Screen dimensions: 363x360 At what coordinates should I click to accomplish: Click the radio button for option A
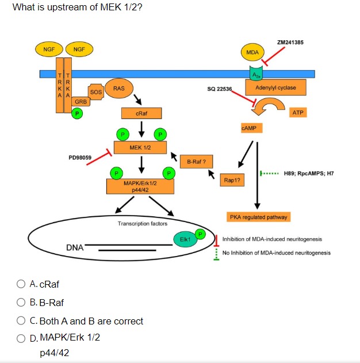tap(21, 284)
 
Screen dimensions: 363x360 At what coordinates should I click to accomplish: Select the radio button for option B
tap(21, 303)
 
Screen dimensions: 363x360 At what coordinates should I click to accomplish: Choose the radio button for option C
tap(21, 321)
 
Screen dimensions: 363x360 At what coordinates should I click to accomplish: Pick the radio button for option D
tap(21, 337)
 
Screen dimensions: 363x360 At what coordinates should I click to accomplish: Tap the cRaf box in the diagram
tap(141, 114)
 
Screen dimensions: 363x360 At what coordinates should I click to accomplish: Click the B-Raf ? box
tap(197, 162)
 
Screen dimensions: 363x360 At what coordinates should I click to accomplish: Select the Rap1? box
tap(232, 180)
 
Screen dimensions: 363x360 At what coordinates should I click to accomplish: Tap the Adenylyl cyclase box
tap(275, 88)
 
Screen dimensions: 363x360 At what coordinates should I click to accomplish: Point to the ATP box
tap(298, 113)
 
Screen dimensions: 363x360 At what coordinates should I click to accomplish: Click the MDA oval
tap(252, 52)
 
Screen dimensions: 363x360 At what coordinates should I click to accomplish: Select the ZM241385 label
tap(290, 42)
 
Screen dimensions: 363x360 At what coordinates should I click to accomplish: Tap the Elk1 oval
tap(185, 239)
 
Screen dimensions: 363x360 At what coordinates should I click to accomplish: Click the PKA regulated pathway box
tap(259, 217)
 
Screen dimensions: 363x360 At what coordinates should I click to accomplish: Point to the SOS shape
tap(96, 92)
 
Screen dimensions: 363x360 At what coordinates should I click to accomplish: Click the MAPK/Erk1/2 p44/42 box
tap(140, 186)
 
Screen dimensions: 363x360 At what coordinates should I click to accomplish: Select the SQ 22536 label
tap(219, 89)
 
